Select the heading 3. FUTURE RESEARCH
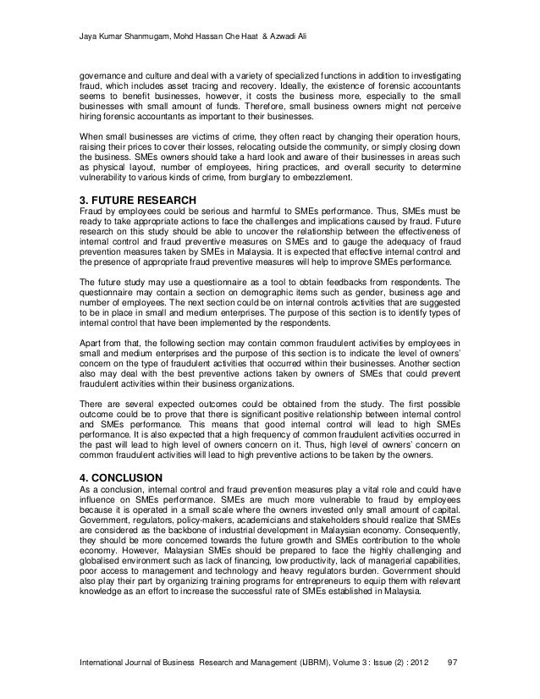137,200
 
